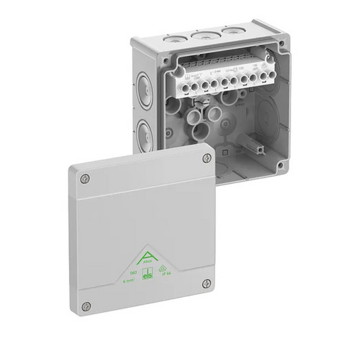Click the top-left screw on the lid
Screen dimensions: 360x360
pyautogui.click(x=84, y=178)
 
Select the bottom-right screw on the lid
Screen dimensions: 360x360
pyautogui.click(x=207, y=283)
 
